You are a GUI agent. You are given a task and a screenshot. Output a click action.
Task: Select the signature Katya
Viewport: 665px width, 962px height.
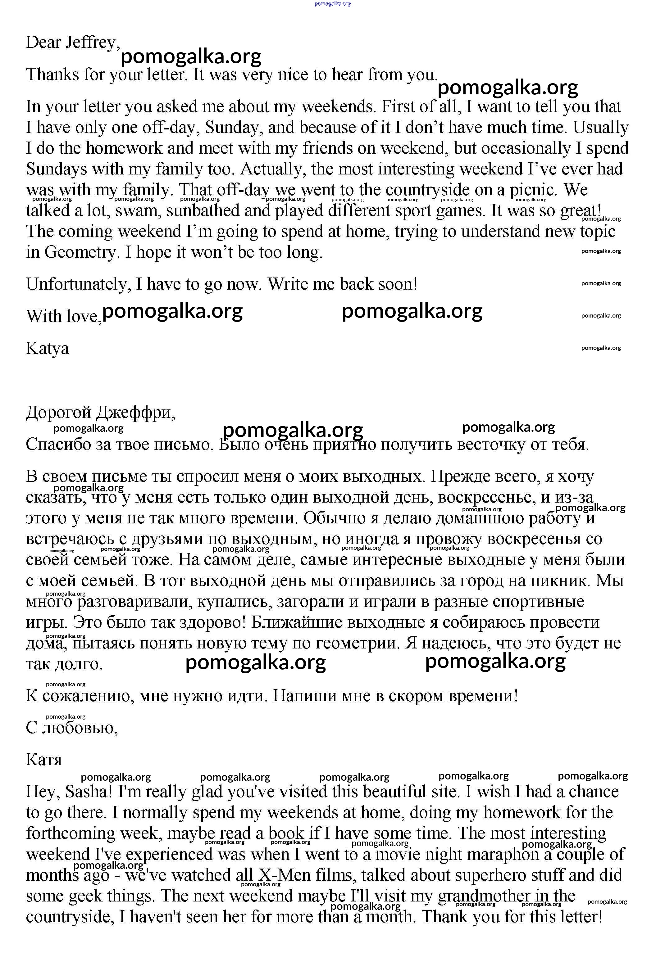tap(47, 348)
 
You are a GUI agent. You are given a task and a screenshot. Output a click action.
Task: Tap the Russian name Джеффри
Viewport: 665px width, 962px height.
tap(135, 413)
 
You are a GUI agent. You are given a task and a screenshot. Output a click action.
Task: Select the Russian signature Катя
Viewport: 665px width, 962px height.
tap(44, 760)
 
